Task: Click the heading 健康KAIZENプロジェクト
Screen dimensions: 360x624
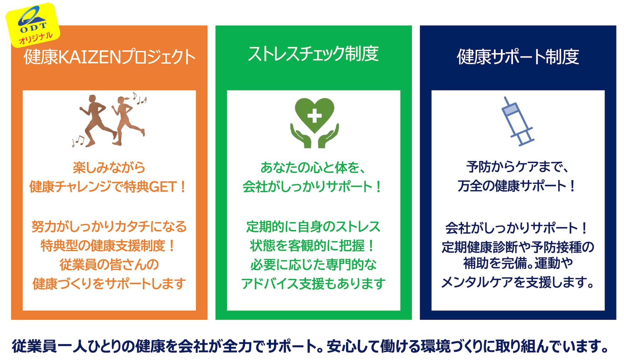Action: [x=109, y=57]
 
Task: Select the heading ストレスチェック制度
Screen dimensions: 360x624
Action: [x=313, y=54]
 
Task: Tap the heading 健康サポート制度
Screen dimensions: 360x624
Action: [x=518, y=57]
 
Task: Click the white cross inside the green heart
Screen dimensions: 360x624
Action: [x=314, y=116]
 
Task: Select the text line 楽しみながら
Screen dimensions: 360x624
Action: [x=109, y=167]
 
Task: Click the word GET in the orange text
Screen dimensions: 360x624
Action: [x=163, y=187]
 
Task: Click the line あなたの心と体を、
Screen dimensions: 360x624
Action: [x=313, y=167]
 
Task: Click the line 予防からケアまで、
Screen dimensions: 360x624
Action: [x=518, y=167]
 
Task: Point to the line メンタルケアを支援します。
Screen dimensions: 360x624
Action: [x=518, y=283]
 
